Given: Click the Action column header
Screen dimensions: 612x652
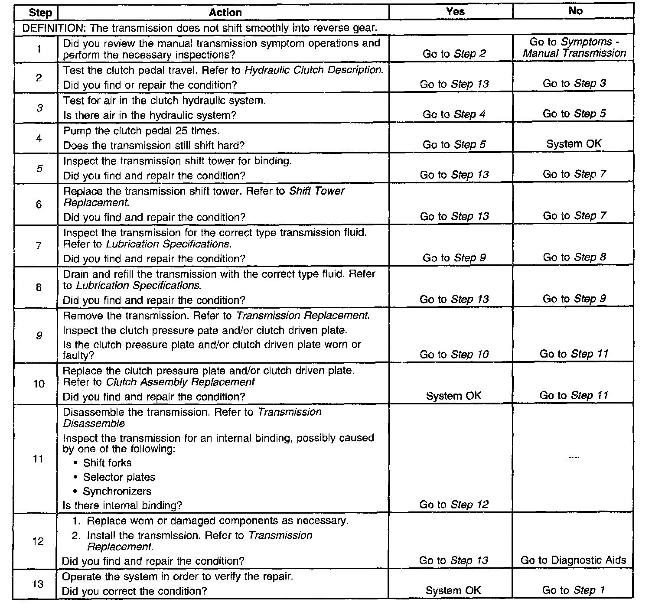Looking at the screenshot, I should coord(225,13).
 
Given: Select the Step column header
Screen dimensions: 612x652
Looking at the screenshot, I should coord(40,13).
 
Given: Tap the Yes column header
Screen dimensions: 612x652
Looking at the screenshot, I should coord(455,12).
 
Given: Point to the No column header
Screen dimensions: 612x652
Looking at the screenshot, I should coord(575,11).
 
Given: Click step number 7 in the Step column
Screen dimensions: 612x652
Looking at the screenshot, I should coord(39,246).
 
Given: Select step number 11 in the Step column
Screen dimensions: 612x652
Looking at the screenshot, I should coord(39,459).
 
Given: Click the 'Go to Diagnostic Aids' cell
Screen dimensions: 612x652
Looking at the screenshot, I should coord(573,560).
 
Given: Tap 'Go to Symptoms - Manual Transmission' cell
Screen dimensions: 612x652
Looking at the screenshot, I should coord(575,48).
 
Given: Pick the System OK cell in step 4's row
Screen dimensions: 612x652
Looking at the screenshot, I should coord(574,144).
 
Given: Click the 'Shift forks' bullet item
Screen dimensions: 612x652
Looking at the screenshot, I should coord(107,463).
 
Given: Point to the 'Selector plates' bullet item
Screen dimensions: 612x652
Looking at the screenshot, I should coord(119,477).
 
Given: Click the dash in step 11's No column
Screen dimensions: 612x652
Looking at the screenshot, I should coord(573,459).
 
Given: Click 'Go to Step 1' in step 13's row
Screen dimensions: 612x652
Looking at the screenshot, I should coord(574,590).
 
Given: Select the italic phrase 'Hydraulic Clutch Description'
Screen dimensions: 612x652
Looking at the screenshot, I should coord(314,70).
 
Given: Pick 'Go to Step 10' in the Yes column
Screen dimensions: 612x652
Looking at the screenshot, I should coord(454,355).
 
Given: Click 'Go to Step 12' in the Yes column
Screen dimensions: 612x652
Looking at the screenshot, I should coord(454,505).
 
